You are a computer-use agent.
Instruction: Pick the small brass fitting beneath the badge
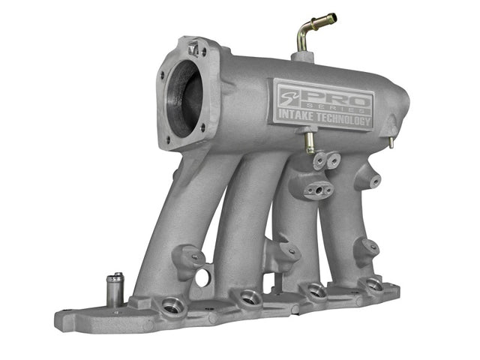[x=310, y=142]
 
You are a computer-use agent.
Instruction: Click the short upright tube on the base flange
[x=115, y=286]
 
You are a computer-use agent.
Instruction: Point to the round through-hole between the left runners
[x=202, y=277]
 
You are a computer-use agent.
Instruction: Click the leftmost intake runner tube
[x=161, y=225]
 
